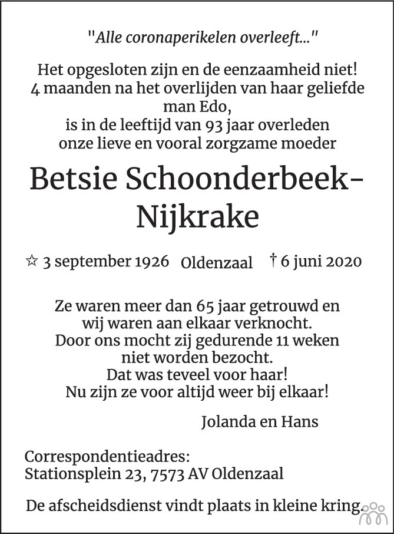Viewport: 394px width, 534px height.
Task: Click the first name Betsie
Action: point(78,178)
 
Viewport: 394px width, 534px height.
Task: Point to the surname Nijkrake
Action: point(197,216)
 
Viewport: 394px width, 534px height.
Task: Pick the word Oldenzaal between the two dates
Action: point(217,263)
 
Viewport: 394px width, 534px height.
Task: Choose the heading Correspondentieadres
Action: point(107,457)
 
